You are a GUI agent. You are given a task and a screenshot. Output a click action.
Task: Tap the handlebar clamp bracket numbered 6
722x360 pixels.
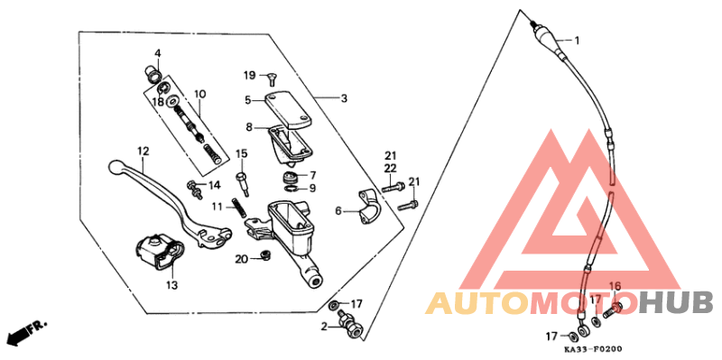[369, 208]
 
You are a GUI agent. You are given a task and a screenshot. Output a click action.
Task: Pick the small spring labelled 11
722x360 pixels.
[237, 208]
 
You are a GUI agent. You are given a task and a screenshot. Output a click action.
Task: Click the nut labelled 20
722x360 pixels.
[264, 254]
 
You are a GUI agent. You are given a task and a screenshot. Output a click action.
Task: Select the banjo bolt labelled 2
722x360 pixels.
[351, 325]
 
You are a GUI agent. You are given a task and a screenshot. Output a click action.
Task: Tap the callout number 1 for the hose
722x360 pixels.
[577, 41]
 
